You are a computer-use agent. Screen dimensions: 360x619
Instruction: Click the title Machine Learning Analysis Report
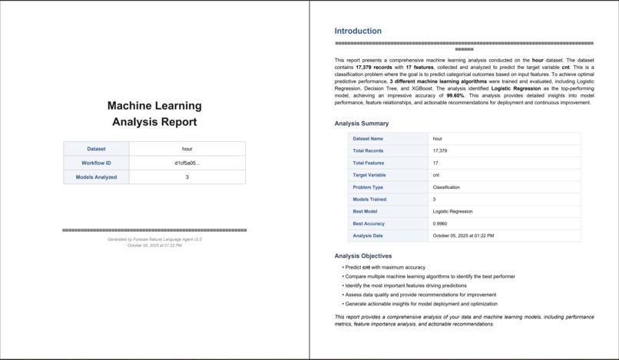(154, 114)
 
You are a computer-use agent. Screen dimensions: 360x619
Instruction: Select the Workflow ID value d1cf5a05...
(187, 163)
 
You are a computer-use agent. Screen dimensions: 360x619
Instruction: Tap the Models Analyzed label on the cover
(97, 177)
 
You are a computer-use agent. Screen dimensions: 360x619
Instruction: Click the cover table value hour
(187, 149)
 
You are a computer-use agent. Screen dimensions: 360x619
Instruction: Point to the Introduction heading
(358, 31)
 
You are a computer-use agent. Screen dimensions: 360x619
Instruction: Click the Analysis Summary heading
(362, 124)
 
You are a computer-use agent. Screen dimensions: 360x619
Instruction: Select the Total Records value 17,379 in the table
(440, 151)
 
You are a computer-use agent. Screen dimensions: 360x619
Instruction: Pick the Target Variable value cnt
(437, 175)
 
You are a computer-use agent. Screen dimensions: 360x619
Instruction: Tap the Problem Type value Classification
(447, 187)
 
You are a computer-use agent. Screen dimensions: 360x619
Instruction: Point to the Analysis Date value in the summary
(463, 236)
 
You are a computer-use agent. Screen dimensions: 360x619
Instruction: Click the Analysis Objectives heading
(363, 256)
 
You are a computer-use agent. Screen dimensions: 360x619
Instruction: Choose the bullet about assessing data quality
(420, 295)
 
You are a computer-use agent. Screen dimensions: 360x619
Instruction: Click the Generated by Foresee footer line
(154, 239)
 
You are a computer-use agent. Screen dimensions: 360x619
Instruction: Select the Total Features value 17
(435, 163)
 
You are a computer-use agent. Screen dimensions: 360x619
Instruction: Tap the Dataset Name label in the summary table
(368, 139)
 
